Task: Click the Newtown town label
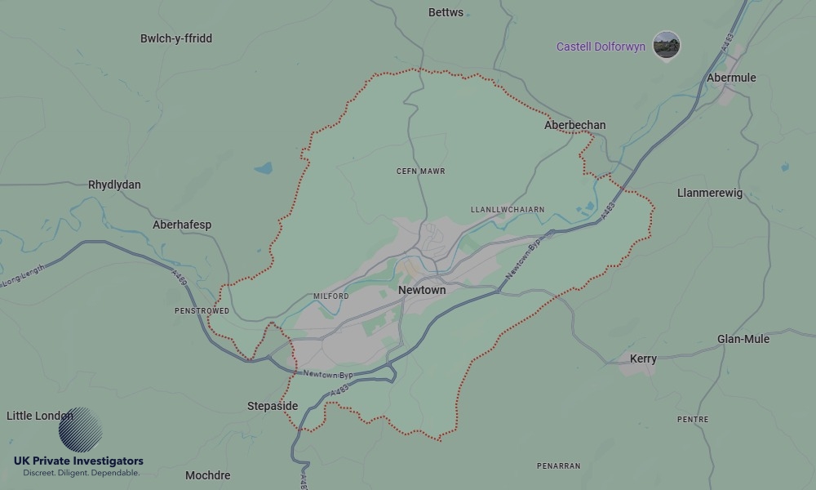point(422,290)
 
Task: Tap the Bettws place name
point(446,12)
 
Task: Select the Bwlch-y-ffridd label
point(176,38)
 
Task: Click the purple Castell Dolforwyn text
point(601,47)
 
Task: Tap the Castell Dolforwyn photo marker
point(667,45)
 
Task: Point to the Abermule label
point(731,78)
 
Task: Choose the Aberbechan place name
point(574,125)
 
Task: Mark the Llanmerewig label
point(710,193)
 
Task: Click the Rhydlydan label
point(114,185)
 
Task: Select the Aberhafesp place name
point(182,225)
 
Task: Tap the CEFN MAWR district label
point(420,171)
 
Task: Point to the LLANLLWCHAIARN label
point(508,210)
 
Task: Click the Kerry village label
point(643,359)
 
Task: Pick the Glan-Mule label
point(743,339)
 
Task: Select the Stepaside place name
point(273,406)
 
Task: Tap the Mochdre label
point(207,475)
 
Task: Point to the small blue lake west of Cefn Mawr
point(263,168)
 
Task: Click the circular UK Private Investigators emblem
point(80,430)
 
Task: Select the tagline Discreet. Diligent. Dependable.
point(81,473)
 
